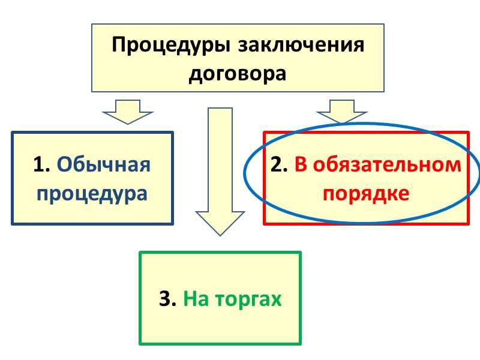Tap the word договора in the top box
pyautogui.click(x=237, y=73)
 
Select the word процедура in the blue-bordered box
pyautogui.click(x=92, y=193)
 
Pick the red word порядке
pyautogui.click(x=366, y=193)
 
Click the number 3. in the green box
pyautogui.click(x=167, y=298)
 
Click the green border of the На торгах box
pyautogui.click(x=140, y=298)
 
